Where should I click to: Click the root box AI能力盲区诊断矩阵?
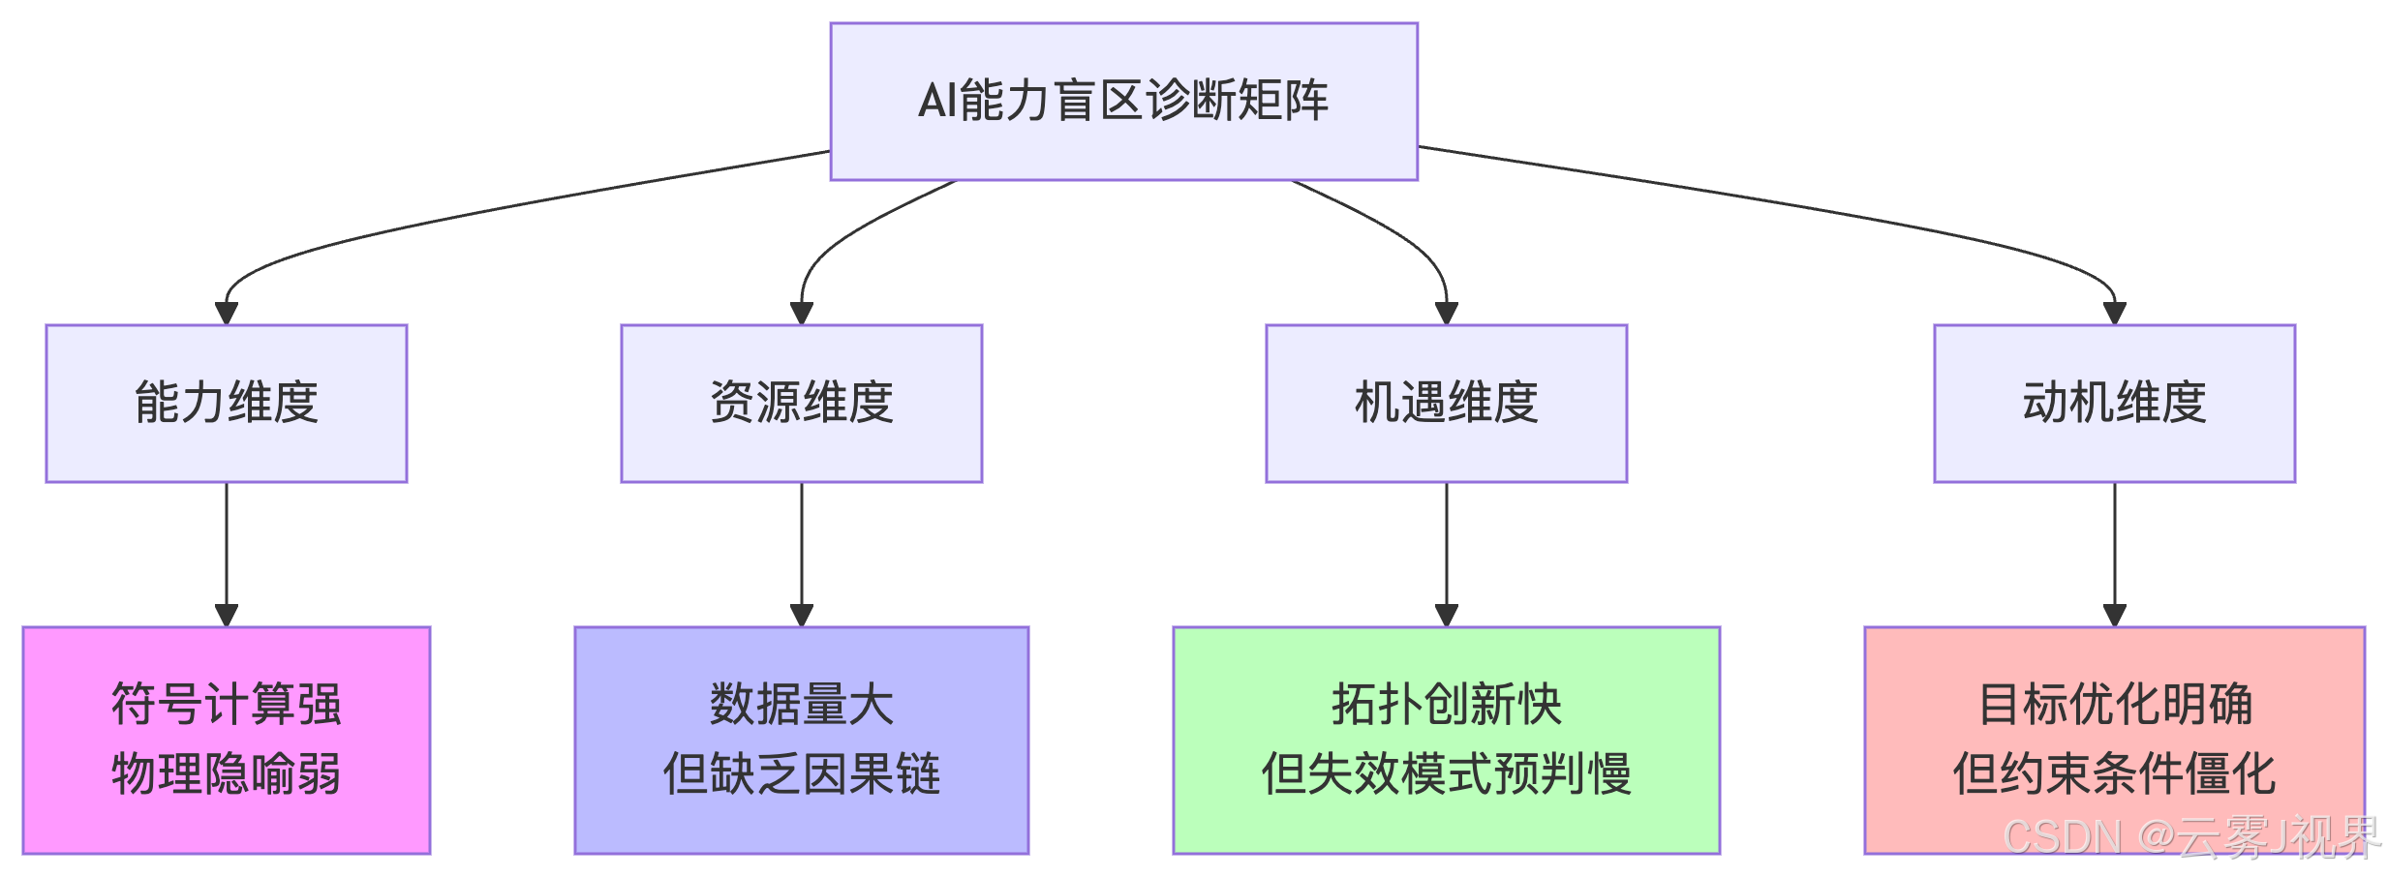pos(1123,101)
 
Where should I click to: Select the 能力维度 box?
pos(227,403)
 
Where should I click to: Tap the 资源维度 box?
pos(802,403)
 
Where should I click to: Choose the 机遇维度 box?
pos(1446,403)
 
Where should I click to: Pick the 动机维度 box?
pos(2114,403)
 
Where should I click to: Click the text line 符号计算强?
pos(227,704)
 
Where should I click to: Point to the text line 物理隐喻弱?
pos(227,774)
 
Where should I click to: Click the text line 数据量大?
pos(802,704)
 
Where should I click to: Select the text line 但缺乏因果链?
pos(802,774)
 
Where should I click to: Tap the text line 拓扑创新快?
pos(1446,704)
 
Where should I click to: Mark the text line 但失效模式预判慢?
pos(1446,774)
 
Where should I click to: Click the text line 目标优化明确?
pos(2114,704)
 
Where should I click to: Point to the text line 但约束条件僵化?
pos(2114,774)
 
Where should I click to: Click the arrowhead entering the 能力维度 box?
pos(227,313)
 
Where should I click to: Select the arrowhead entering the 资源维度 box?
pos(802,313)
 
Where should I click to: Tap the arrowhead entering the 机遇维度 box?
pos(1446,313)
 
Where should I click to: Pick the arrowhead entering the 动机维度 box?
pos(2114,313)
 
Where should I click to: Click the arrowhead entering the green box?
pos(1446,615)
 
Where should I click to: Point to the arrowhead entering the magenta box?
pos(227,615)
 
